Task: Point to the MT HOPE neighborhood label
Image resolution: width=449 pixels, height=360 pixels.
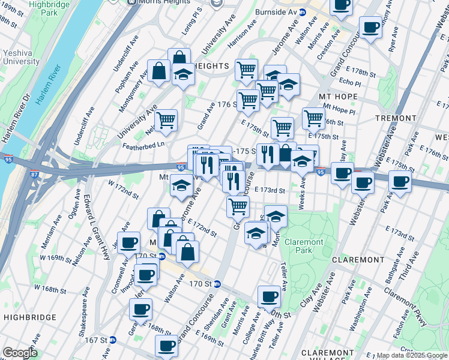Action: coord(338,97)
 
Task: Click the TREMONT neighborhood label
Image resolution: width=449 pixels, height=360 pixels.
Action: coord(396,118)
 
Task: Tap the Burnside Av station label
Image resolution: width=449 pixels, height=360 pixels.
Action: coord(281,11)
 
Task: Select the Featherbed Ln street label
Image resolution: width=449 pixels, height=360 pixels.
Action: coord(144,145)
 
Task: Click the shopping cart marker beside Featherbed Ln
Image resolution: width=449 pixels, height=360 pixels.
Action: coord(166,119)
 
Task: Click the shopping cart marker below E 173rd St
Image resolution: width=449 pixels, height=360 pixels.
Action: coord(238,206)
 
